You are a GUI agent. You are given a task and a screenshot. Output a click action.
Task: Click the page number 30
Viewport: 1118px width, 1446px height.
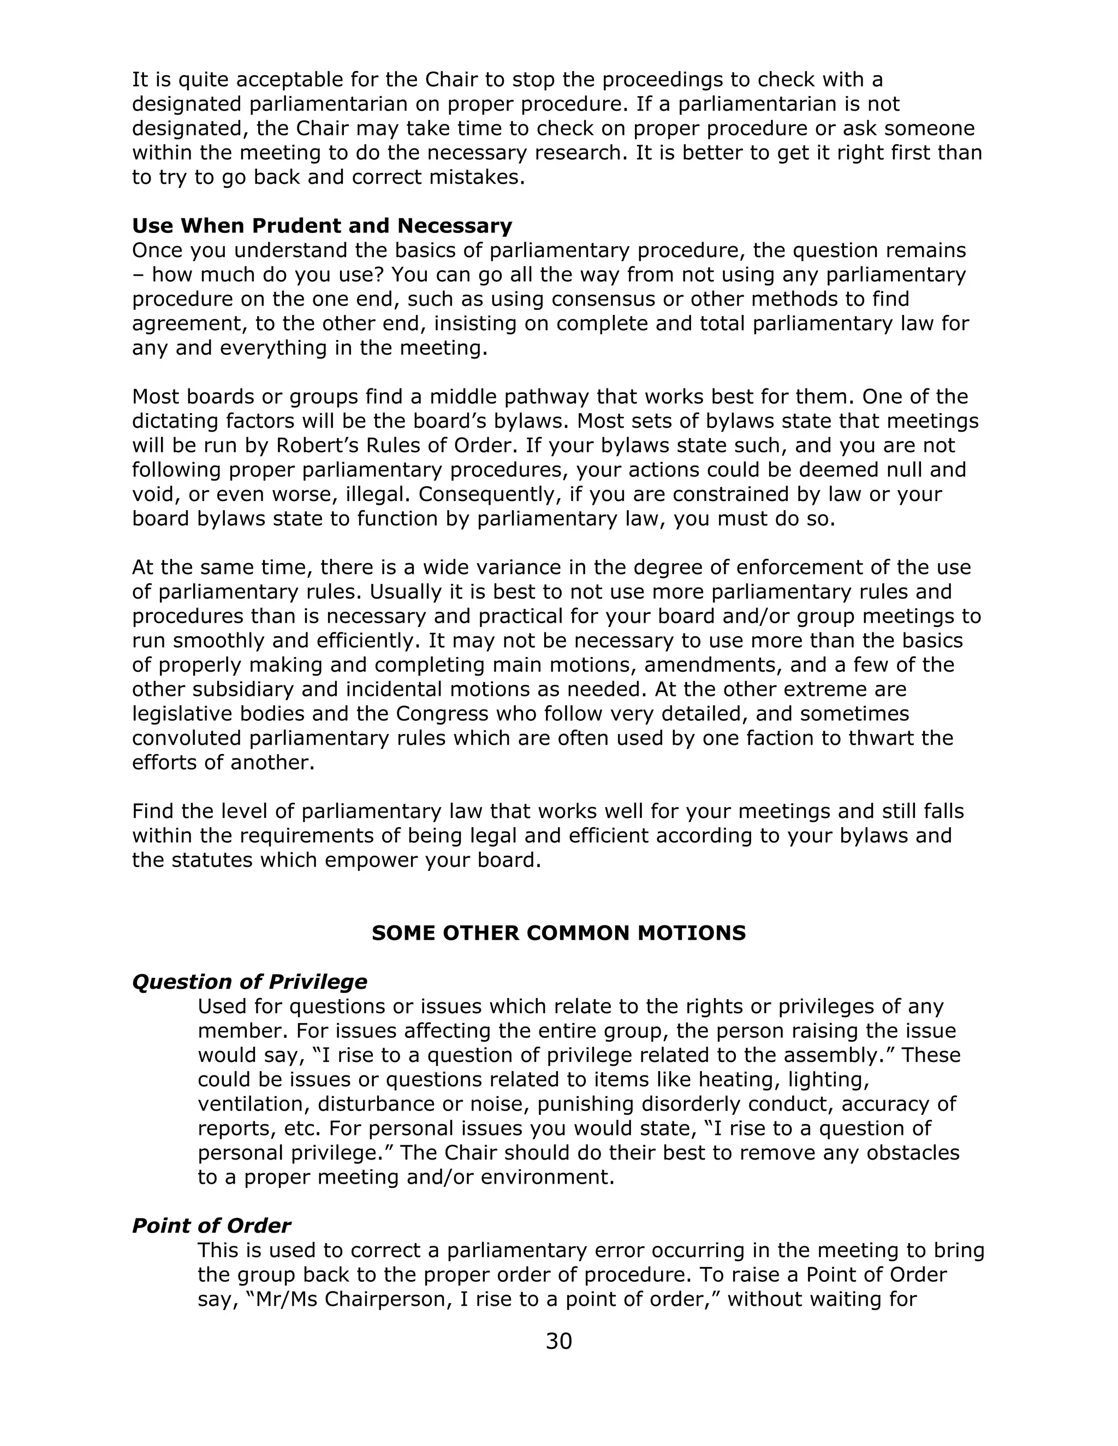click(x=558, y=1341)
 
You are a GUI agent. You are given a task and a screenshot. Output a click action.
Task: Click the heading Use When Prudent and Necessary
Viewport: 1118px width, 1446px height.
click(x=322, y=226)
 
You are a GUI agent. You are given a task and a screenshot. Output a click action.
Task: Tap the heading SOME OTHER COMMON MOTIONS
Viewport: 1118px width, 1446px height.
click(x=558, y=933)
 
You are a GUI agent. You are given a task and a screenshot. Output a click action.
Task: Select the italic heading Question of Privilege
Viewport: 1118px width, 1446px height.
click(x=249, y=981)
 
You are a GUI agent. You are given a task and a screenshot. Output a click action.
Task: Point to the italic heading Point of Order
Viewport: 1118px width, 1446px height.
click(x=211, y=1226)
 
